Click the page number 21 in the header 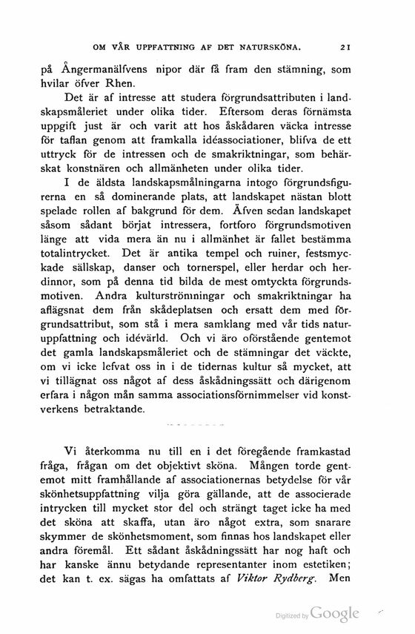click(x=345, y=49)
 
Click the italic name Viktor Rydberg click(x=276, y=577)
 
